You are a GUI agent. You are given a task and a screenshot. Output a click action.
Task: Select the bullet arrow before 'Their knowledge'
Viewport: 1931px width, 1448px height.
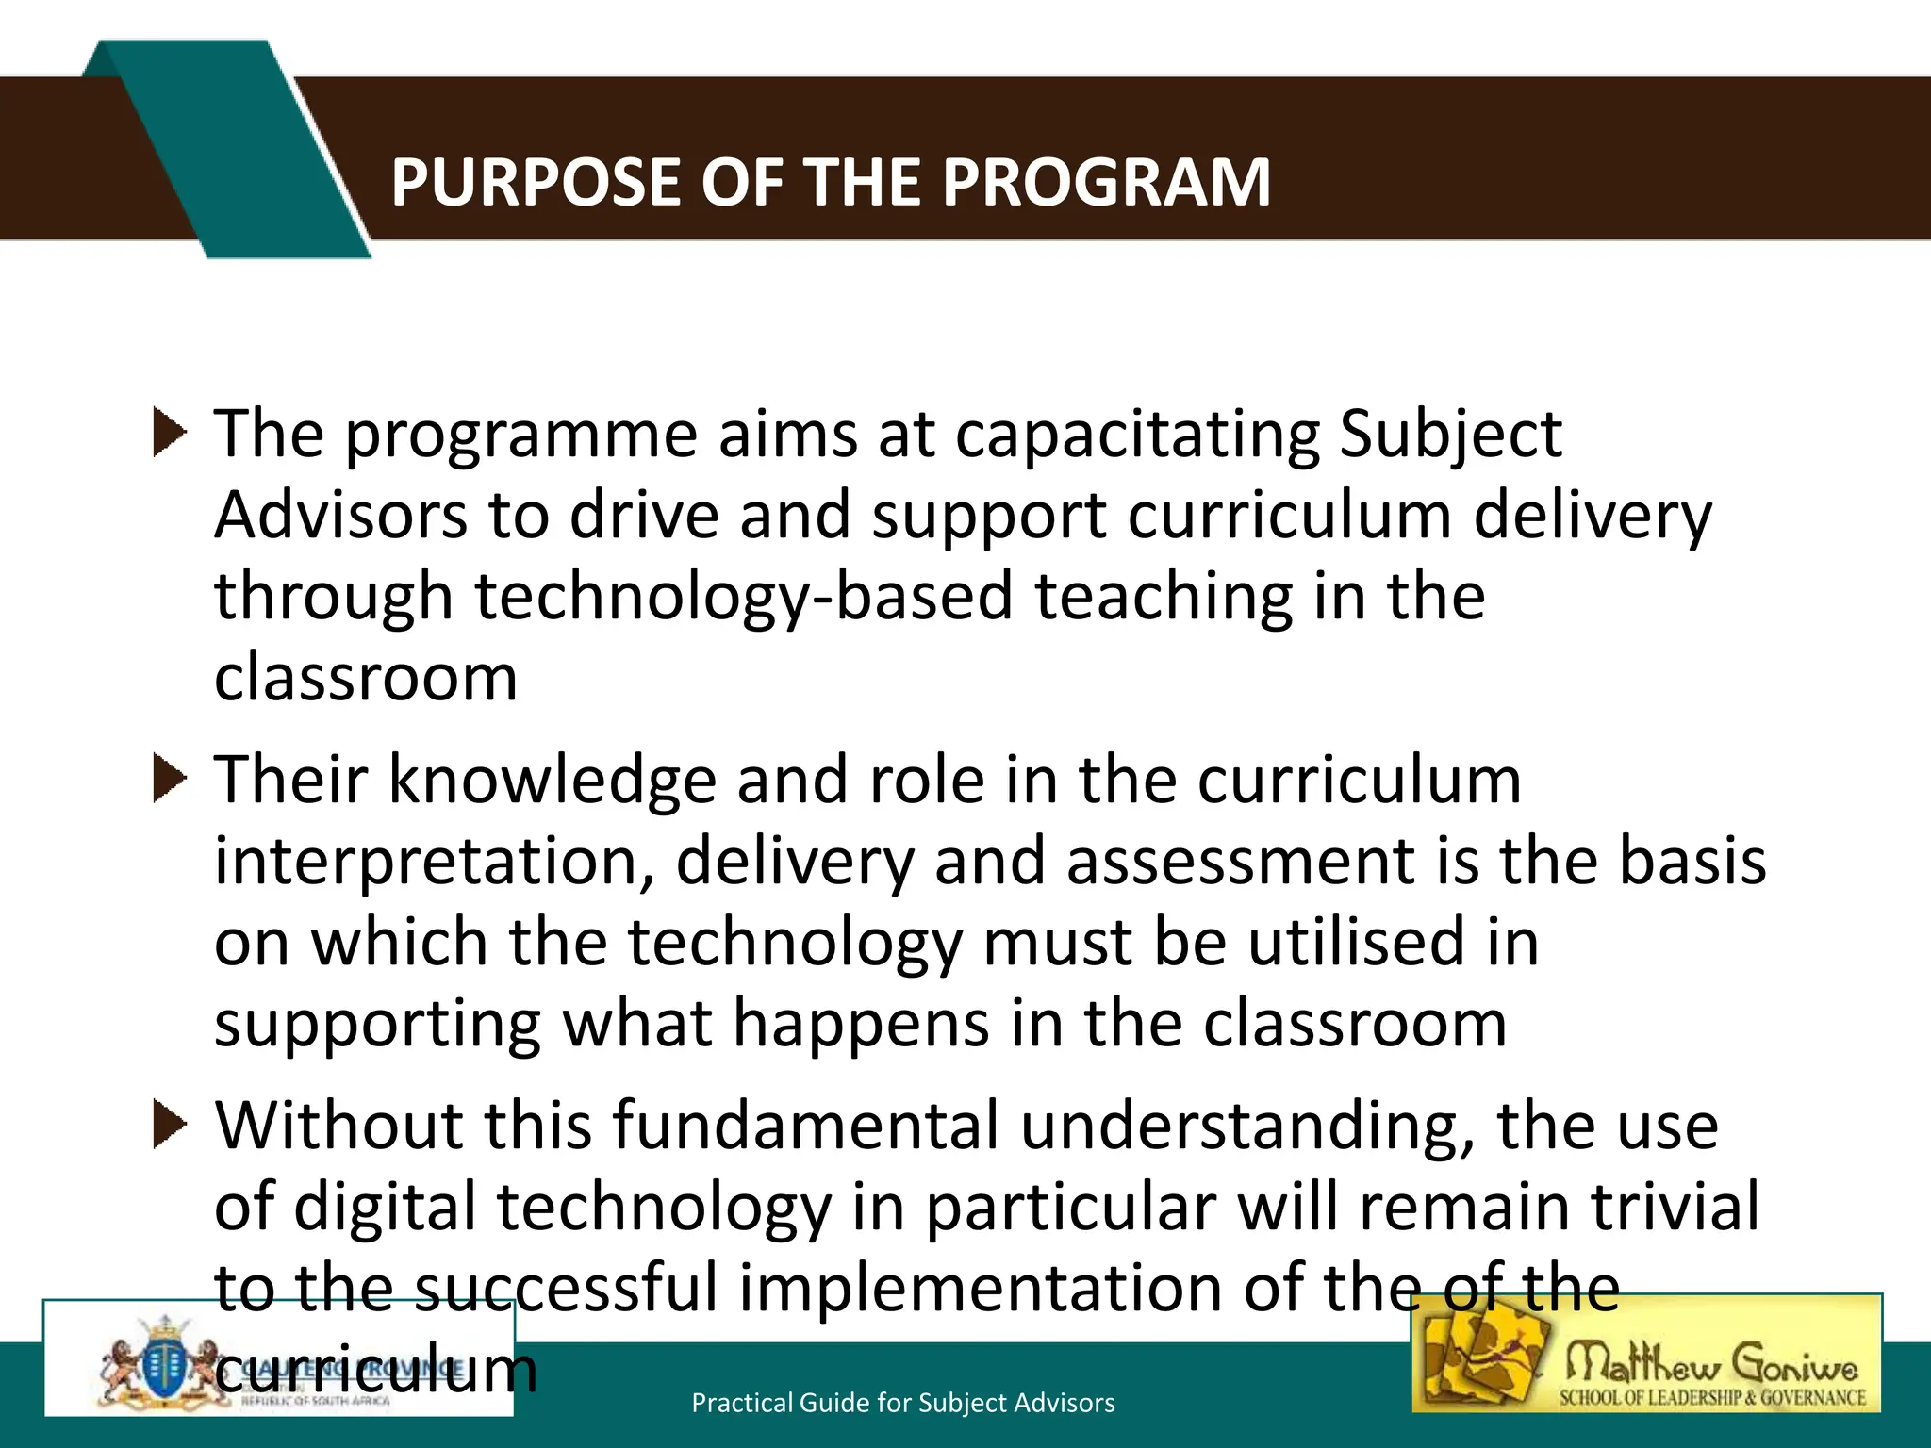point(170,780)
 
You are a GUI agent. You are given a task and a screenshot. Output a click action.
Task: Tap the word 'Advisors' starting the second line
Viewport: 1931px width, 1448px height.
point(340,516)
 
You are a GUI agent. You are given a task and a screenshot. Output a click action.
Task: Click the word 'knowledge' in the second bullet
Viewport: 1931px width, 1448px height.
point(553,781)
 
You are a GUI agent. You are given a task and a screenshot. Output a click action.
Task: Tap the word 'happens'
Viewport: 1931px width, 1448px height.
point(861,1026)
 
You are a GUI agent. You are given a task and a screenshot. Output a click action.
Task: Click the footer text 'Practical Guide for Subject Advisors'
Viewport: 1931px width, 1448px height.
point(902,1403)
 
